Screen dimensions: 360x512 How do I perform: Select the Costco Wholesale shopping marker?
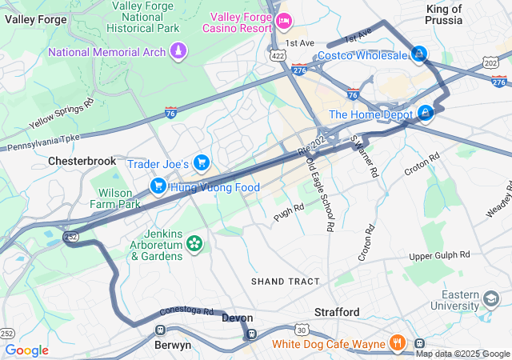(x=417, y=54)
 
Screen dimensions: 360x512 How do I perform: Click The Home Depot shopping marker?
(x=426, y=114)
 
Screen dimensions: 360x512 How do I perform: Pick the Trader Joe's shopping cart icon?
(x=202, y=163)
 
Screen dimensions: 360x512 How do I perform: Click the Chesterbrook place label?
(x=82, y=161)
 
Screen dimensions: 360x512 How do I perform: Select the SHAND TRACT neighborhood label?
(x=285, y=282)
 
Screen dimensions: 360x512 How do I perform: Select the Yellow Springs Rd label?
(x=62, y=114)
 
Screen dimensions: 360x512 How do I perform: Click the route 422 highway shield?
(x=278, y=56)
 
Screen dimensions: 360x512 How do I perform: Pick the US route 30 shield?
(x=301, y=329)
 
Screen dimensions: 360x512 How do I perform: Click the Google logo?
(x=27, y=350)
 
